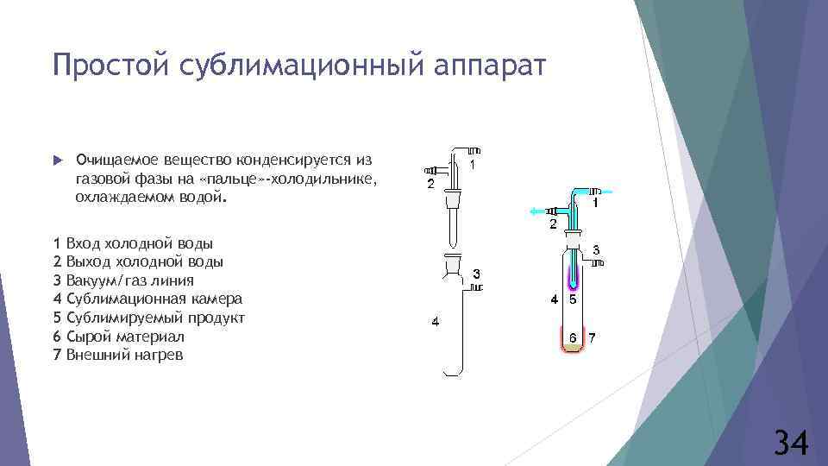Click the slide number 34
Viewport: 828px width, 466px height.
(789, 443)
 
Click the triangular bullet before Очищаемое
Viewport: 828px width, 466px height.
(57, 161)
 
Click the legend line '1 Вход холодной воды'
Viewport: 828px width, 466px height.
(133, 243)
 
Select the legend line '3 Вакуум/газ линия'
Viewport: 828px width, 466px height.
(123, 280)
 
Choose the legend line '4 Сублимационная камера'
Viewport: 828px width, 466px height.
(147, 299)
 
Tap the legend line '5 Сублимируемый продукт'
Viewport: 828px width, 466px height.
(149, 318)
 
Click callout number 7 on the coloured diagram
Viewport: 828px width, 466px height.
(592, 337)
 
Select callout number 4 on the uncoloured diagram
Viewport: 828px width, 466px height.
(436, 322)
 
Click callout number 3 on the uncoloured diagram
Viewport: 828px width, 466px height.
(476, 274)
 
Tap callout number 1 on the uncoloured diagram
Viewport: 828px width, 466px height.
(474, 164)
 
